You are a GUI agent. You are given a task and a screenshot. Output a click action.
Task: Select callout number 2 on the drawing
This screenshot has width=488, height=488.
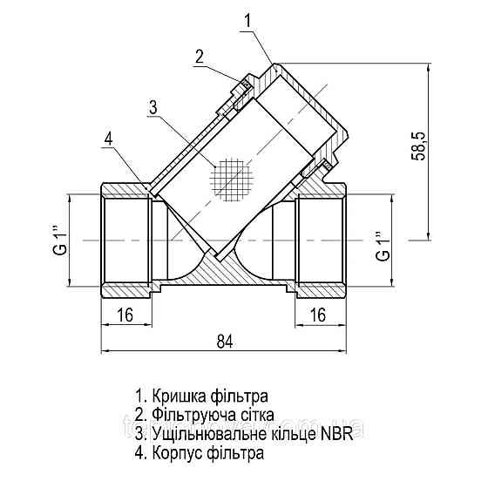coord(200,57)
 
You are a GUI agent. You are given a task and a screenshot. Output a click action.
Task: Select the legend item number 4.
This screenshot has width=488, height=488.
coord(140,453)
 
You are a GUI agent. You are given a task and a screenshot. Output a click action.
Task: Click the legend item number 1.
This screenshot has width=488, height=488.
coord(140,395)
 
